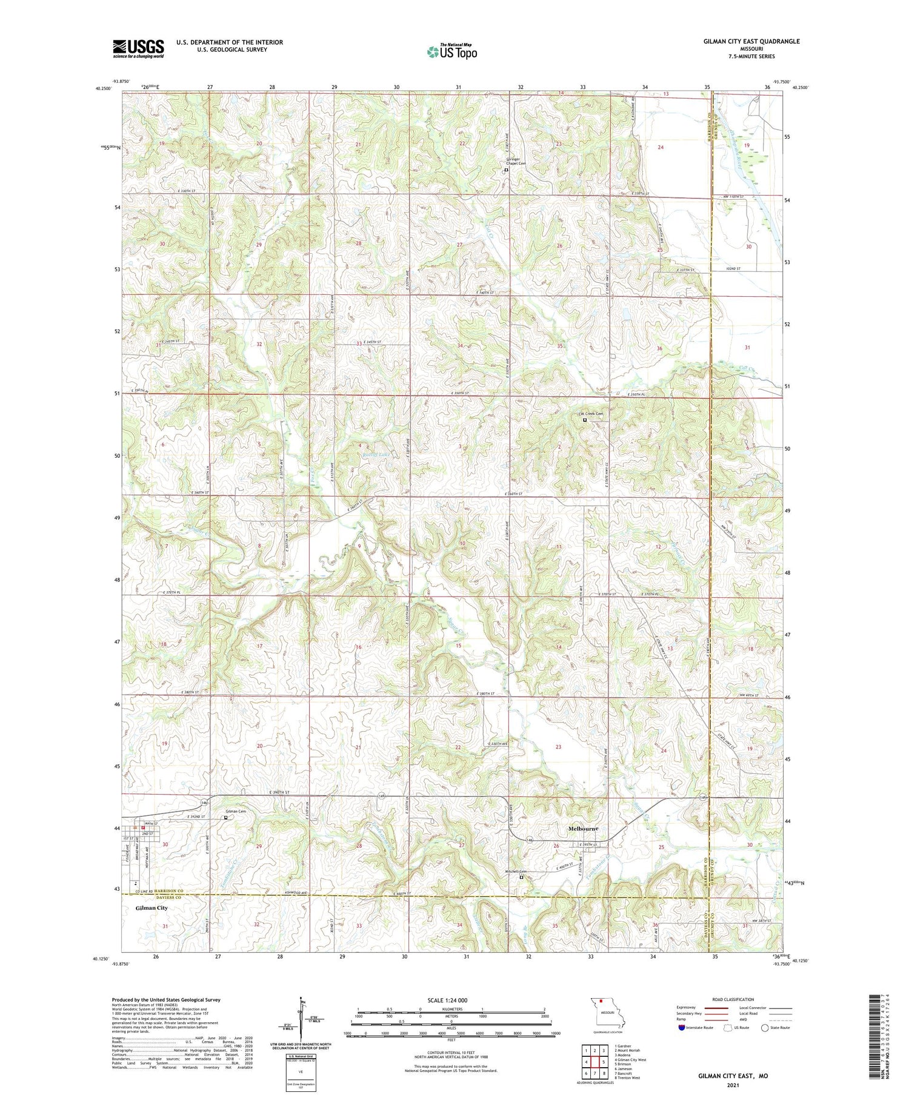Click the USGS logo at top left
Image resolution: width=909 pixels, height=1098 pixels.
(x=138, y=48)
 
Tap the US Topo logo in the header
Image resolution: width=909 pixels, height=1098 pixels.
(x=452, y=52)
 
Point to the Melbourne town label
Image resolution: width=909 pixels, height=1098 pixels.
(x=583, y=828)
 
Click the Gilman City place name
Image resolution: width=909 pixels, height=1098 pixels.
(x=151, y=908)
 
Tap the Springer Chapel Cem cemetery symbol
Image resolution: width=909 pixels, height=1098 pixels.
(x=507, y=170)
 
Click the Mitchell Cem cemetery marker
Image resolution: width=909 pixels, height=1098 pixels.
(x=521, y=877)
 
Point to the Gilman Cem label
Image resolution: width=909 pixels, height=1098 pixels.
(x=236, y=811)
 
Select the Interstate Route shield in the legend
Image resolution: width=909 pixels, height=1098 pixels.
(x=681, y=1028)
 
